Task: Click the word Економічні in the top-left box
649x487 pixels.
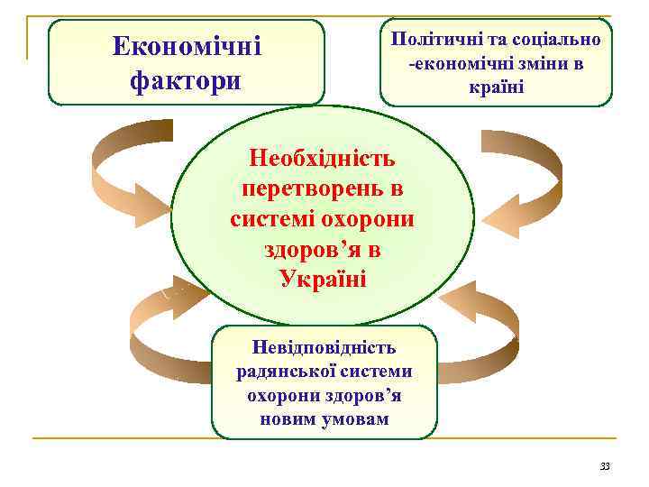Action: click(x=187, y=45)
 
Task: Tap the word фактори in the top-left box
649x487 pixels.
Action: click(x=186, y=80)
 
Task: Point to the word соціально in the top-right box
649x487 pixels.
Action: click(x=562, y=40)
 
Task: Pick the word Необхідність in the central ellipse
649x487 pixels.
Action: click(x=323, y=160)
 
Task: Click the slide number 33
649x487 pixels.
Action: click(x=605, y=466)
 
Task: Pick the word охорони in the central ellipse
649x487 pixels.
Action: click(x=374, y=219)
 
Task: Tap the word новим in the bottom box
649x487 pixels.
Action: click(x=288, y=418)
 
